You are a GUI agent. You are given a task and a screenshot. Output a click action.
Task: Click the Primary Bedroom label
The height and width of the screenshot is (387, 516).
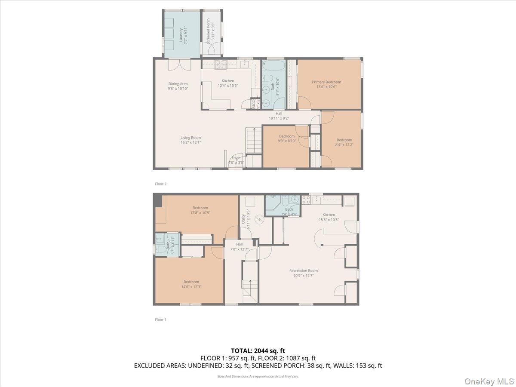point(326,82)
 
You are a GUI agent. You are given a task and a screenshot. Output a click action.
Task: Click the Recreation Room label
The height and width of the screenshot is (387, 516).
point(303,271)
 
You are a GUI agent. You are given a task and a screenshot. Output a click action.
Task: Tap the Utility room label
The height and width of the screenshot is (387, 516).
point(243,219)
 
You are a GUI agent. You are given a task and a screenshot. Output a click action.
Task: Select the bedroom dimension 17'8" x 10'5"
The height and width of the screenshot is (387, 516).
point(200,212)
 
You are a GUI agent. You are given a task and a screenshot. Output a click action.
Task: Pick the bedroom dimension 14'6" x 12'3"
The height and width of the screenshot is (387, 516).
point(189,287)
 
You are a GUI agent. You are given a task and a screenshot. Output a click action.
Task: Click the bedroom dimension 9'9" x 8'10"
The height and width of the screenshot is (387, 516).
point(287,141)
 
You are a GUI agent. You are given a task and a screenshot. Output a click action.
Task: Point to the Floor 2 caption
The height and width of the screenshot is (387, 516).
point(160,184)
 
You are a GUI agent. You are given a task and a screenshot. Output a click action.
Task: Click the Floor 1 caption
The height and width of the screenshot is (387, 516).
point(160,320)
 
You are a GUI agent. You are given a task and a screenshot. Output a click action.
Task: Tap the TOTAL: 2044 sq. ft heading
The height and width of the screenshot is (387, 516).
point(258,351)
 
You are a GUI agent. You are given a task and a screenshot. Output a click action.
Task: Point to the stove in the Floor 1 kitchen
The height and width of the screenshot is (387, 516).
point(306,200)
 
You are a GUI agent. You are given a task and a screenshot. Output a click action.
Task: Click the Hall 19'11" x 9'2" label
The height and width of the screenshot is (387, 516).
point(279,116)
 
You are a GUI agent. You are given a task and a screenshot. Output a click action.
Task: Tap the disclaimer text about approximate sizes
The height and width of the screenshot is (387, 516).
point(258,376)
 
